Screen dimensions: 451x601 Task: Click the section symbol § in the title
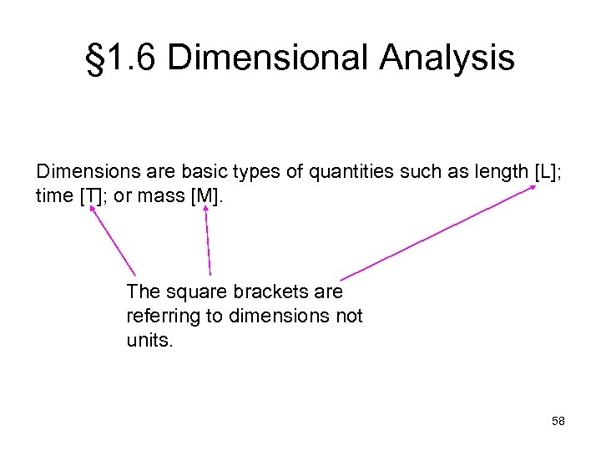96,58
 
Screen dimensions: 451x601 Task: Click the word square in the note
194,292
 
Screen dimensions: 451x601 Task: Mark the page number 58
558,421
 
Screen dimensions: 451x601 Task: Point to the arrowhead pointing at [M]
205,208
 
